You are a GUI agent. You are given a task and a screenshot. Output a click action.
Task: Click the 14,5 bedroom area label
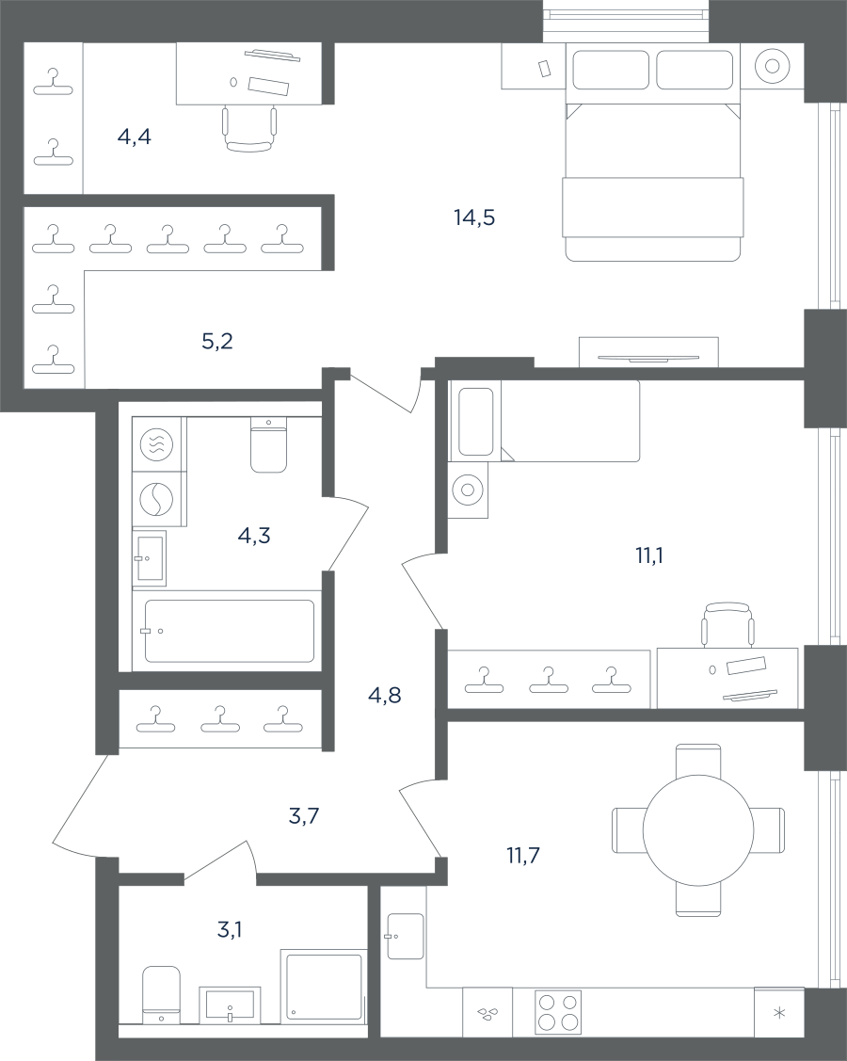pos(474,217)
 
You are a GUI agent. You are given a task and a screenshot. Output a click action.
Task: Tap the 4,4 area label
pos(134,137)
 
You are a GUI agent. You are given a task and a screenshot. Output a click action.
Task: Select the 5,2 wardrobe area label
pos(217,341)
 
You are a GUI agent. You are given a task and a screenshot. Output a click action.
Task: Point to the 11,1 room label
pos(648,555)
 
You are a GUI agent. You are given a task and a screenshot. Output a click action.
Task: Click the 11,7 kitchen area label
pos(523,855)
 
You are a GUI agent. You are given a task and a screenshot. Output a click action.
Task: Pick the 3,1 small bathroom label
pos(230,930)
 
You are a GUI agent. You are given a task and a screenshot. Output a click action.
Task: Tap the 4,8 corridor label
pos(384,695)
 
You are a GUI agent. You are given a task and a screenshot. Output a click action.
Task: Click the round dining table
pos(698,829)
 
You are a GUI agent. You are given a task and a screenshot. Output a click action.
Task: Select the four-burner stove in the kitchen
pos(558,1012)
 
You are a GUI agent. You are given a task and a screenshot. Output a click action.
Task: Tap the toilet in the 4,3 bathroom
pos(268,444)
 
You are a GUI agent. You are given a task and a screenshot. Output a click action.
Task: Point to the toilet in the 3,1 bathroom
pos(161,994)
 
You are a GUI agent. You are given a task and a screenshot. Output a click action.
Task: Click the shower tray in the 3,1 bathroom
pos(324,985)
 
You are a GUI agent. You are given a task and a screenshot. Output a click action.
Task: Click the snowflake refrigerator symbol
pos(779,1012)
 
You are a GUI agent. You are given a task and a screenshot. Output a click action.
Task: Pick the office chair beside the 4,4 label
pos(249,129)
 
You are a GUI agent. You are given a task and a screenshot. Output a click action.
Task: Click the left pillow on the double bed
pos(611,70)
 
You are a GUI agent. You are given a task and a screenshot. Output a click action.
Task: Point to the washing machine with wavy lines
pos(156,444)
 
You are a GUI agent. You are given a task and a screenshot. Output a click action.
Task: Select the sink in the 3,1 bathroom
pos(230,1005)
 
